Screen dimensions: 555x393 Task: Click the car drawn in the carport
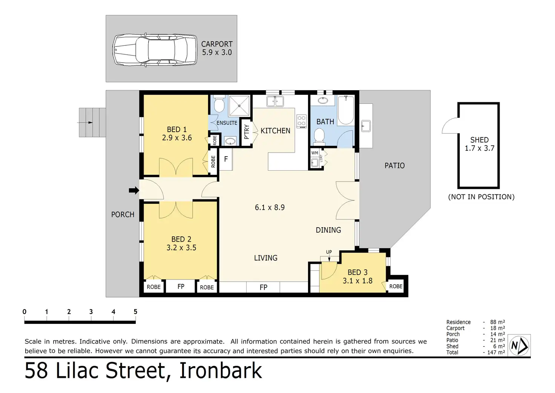point(155,50)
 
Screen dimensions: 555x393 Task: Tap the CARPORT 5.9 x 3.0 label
point(217,48)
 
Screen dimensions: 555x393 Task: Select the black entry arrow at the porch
point(134,190)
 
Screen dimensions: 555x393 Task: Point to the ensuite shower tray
point(239,106)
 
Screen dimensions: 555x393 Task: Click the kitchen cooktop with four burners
point(302,121)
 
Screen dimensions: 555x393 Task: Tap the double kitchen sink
point(275,101)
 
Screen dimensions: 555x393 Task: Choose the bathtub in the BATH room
point(346,110)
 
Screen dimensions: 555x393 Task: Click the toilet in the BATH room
point(319,136)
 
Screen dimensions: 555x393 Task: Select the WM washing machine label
point(315,153)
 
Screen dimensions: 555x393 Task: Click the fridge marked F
point(226,159)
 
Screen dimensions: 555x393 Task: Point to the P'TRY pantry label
point(247,132)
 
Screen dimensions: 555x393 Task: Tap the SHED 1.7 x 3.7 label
point(480,144)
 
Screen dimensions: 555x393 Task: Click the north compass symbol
point(519,345)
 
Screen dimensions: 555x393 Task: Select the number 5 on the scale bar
point(135,311)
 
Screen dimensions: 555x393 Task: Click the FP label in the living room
point(264,287)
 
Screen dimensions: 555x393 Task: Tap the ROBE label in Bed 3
point(396,286)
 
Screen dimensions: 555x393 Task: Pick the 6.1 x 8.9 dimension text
point(270,207)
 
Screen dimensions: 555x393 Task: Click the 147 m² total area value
point(496,352)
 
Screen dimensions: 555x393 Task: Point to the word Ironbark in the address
point(221,371)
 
